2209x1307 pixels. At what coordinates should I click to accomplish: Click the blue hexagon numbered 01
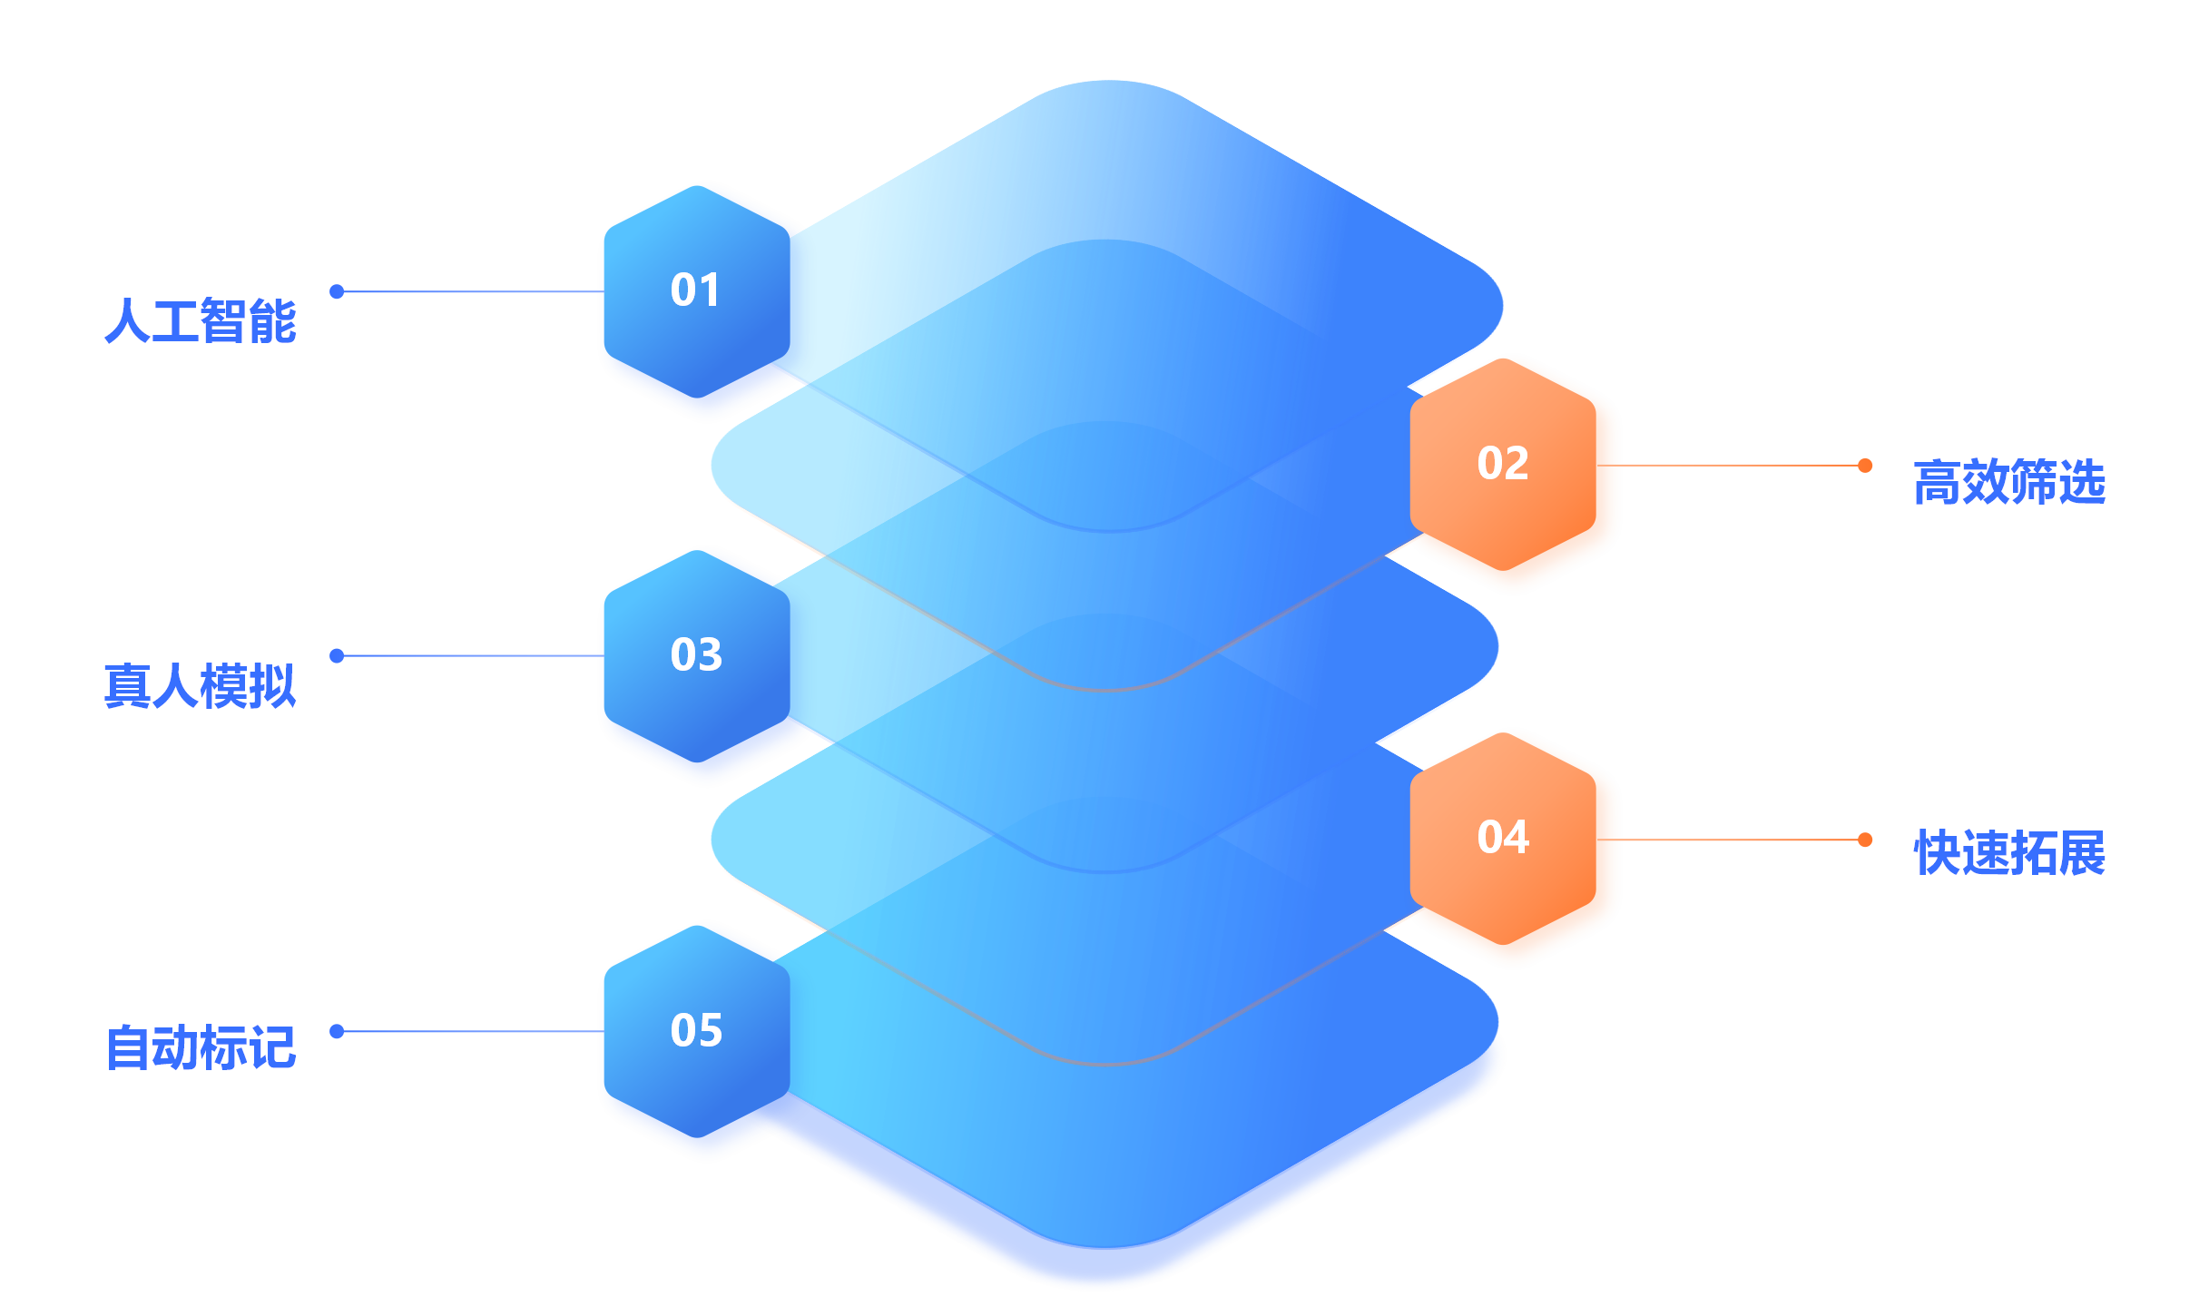[697, 291]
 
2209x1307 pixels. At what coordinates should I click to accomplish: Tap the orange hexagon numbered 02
[1503, 464]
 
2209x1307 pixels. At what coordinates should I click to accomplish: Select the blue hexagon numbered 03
[697, 655]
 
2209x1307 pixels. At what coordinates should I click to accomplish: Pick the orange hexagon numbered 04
[1503, 838]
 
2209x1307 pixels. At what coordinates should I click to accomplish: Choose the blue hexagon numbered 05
[697, 1031]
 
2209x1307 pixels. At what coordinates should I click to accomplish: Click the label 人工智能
[201, 320]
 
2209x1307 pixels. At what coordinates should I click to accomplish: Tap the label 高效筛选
[2009, 482]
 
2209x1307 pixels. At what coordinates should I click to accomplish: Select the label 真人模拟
[201, 685]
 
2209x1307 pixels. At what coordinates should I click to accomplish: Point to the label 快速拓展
[2009, 852]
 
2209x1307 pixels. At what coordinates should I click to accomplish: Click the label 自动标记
[201, 1047]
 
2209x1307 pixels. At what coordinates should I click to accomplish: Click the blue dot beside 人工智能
[337, 291]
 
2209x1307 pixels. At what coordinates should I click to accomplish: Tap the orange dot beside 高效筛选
[1865, 466]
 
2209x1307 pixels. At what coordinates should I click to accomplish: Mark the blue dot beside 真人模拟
[337, 655]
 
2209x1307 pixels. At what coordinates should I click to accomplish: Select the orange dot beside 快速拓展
[1865, 840]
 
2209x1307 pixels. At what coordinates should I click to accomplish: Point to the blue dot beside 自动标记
[337, 1031]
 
